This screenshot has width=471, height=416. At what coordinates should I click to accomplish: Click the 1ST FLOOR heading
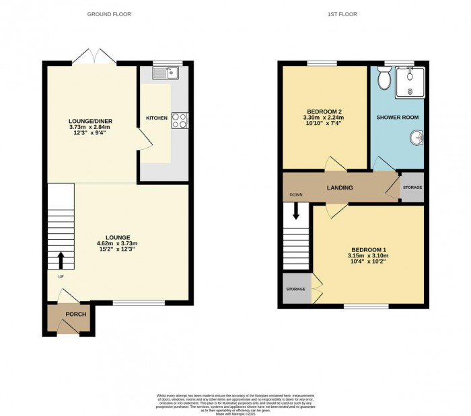tap(343, 13)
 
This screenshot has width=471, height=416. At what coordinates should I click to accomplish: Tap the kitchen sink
tap(167, 73)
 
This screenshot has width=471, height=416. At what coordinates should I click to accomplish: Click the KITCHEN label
tap(156, 118)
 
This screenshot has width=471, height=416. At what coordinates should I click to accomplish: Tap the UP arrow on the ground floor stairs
tap(61, 259)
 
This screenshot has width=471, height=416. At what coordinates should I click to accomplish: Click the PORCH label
tap(73, 314)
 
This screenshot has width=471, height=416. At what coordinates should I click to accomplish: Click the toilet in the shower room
tap(385, 80)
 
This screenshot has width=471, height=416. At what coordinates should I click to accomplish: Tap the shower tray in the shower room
tap(409, 83)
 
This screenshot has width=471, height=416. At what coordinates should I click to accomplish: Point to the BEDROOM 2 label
tap(325, 112)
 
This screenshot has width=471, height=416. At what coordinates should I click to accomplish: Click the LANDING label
tap(339, 188)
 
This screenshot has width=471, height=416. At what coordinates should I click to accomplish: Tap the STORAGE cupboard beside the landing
tap(412, 188)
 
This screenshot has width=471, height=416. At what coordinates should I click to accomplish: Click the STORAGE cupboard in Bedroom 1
tap(296, 290)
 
